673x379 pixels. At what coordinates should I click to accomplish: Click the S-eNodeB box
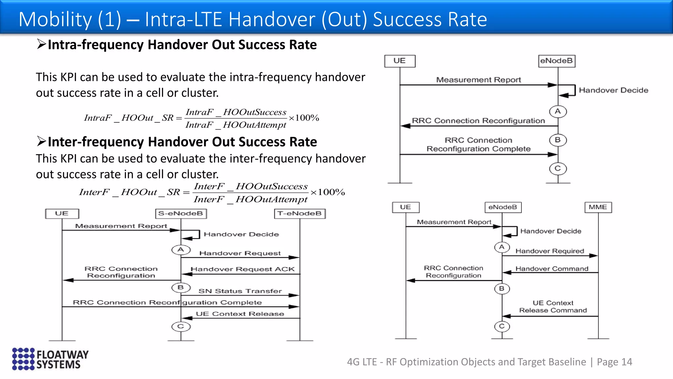[181, 214]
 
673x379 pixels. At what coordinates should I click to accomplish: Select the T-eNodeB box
[300, 214]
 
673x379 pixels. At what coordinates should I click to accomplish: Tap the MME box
[598, 207]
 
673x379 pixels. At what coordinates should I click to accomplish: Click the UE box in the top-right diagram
[400, 61]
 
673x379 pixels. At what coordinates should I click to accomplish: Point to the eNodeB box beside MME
[503, 207]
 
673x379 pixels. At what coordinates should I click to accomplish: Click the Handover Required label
[550, 251]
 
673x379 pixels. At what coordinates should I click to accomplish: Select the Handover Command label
[552, 269]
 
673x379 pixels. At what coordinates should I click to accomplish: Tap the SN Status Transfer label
[240, 291]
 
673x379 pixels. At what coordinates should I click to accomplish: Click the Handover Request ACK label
[243, 269]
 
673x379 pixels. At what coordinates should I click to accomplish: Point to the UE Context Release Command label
[553, 307]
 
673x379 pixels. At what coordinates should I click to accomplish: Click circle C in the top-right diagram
[558, 169]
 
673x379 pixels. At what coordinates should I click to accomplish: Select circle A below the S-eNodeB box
[181, 250]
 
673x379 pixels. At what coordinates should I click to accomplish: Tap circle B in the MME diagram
[502, 289]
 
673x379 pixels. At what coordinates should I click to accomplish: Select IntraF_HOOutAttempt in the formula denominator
[236, 125]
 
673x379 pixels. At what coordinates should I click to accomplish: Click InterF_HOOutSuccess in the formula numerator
[251, 187]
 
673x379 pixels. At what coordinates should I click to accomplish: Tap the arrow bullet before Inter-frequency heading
[41, 141]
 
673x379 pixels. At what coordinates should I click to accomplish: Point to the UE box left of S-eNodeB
[62, 214]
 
